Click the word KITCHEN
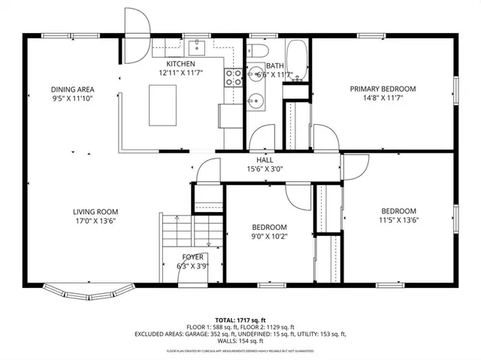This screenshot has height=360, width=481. coord(180,65)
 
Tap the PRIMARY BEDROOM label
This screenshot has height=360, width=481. coord(383,88)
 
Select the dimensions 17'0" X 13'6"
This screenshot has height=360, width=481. coord(95,222)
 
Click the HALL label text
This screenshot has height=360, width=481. coord(265,160)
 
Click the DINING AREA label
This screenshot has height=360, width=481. coord(72,89)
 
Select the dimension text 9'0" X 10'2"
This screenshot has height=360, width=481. coord(268,237)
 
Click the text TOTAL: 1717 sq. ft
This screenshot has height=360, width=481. coord(240,319)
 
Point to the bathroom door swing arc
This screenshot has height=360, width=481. coord(265,139)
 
